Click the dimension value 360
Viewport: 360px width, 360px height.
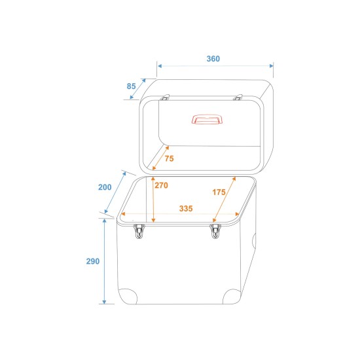[x=213, y=59]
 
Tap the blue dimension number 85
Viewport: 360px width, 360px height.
[x=132, y=85]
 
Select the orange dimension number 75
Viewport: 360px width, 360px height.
[x=169, y=159]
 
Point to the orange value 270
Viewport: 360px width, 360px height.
[x=162, y=185]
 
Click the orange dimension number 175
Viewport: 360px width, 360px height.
[x=219, y=192]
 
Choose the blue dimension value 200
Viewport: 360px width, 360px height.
[x=105, y=187]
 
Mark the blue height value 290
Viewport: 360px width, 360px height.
[x=93, y=262]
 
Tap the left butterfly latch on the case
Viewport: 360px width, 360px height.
[x=139, y=230]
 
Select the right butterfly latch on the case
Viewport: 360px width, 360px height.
[x=216, y=230]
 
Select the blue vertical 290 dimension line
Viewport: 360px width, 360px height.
[x=103, y=262]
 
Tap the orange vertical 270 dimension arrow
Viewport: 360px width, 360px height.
[x=153, y=196]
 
